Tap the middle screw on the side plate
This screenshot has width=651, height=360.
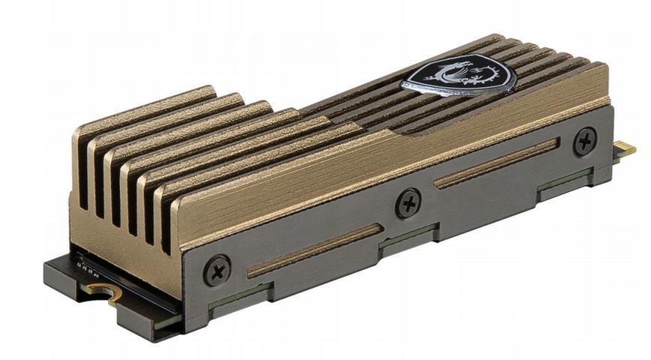(408, 203)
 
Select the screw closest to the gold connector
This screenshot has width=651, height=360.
(585, 140)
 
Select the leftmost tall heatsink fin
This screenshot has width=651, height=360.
(82, 172)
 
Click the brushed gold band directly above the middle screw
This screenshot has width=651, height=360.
(397, 161)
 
